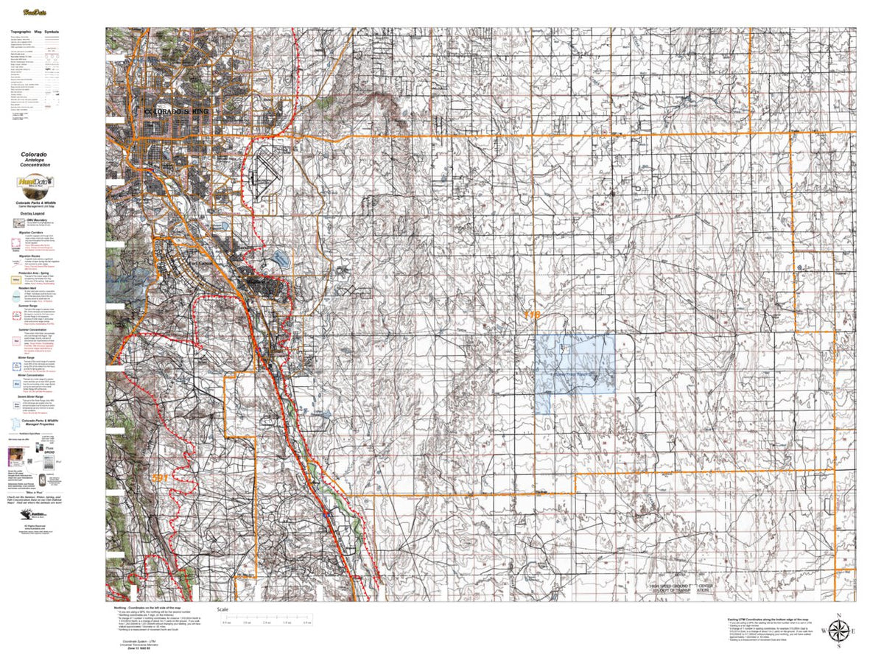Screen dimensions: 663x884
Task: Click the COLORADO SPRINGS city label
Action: [x=177, y=112]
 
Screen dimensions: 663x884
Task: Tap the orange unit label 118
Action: [x=532, y=315]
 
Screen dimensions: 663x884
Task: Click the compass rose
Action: [x=838, y=631]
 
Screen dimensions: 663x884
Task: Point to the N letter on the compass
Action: [x=838, y=615]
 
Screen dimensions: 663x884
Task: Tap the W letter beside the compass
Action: [x=822, y=632]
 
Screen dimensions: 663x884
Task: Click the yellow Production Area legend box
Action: [x=15, y=280]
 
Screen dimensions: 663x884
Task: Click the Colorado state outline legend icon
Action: [x=15, y=424]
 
